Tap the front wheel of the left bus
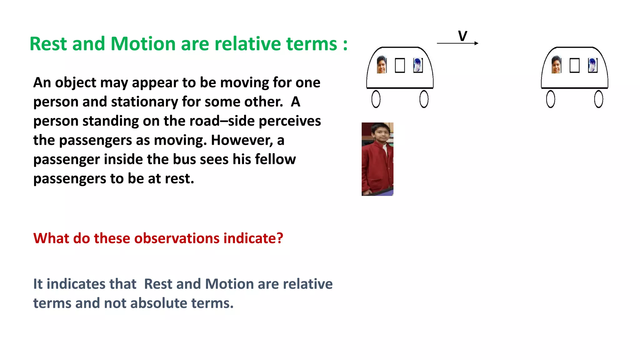coord(424,99)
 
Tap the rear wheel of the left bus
coord(376,99)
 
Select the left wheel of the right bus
coord(551,99)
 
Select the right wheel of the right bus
coord(598,99)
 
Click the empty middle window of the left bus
coord(400,65)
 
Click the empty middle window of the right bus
coord(574,65)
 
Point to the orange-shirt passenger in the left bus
coord(382,65)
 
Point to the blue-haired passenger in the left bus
coord(417,65)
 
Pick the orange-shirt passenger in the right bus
coord(556,65)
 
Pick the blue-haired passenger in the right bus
coord(592,65)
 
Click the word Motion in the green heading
coord(143,43)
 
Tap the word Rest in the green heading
coord(48,43)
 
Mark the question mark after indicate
coord(280,238)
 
